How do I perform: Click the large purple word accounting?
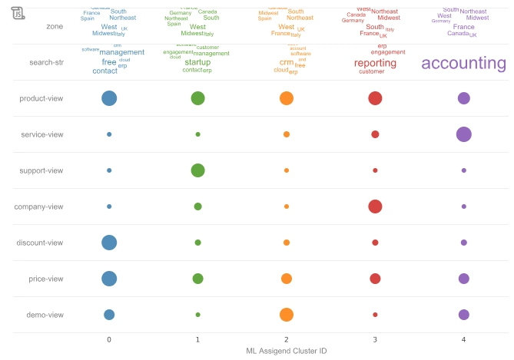point(463,64)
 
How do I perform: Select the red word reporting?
point(375,64)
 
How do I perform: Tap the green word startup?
point(197,62)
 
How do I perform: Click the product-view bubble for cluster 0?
point(109,98)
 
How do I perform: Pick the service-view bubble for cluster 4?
point(463,134)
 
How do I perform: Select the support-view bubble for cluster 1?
point(197,170)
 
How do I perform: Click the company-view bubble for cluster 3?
point(375,206)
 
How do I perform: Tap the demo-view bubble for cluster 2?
point(287,315)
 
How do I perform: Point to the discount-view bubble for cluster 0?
point(109,243)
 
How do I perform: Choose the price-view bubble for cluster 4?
point(463,279)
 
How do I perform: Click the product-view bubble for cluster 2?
point(287,98)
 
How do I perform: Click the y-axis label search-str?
point(45,62)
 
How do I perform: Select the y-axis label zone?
point(54,26)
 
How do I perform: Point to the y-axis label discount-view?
point(40,243)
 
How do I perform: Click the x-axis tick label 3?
point(375,339)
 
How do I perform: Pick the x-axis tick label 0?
point(109,339)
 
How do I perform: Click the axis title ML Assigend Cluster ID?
point(286,351)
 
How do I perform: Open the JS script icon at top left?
point(18,12)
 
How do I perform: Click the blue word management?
point(121,52)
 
